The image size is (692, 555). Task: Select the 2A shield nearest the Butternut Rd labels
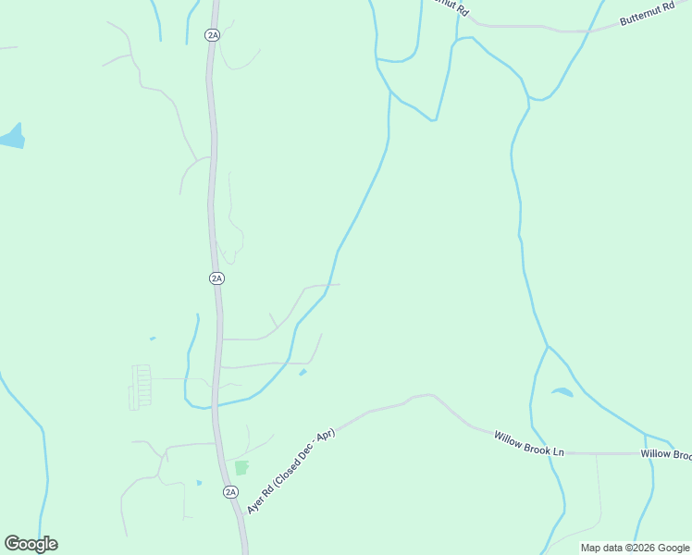[213, 35]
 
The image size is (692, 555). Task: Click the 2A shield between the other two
[216, 277]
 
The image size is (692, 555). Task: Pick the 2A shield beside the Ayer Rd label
[230, 492]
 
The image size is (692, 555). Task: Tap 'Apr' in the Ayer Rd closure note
[325, 434]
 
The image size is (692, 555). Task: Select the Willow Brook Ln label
[528, 443]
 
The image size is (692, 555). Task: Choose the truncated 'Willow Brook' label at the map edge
[666, 454]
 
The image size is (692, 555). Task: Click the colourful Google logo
[31, 544]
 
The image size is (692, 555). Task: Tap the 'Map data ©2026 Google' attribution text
[635, 548]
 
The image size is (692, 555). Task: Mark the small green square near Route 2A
[241, 468]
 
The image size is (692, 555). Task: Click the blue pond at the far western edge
[13, 138]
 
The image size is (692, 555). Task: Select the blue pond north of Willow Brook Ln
[562, 392]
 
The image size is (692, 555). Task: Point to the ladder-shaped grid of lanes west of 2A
[141, 386]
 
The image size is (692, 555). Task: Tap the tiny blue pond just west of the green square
[199, 482]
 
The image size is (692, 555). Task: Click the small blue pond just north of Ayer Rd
[303, 373]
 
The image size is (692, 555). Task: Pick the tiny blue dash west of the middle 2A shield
[153, 339]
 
